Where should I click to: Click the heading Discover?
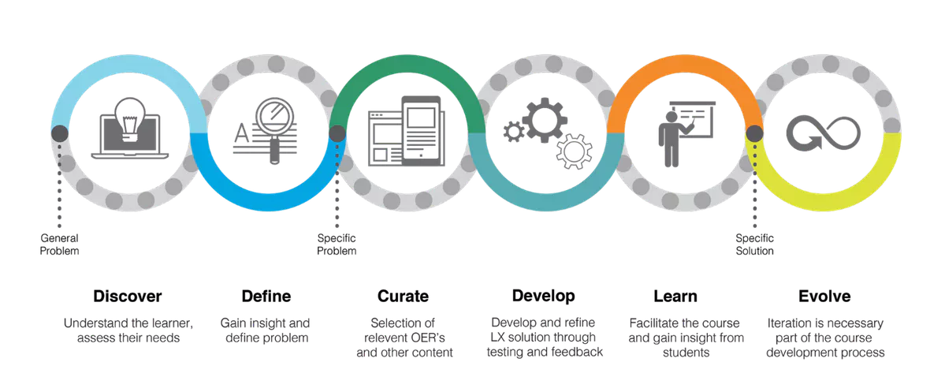pos(127,297)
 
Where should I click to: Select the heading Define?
pos(266,297)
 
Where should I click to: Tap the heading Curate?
pos(403,297)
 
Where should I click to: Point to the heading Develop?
pos(543,297)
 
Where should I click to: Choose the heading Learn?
pos(675,297)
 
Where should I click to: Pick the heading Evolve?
pos(824,297)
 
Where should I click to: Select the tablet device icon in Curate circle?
pos(421,131)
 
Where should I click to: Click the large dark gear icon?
pos(544,118)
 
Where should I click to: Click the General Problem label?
pos(60,244)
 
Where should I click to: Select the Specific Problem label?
pos(337,244)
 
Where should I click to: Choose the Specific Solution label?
pos(754,244)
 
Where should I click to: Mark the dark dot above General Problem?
pos(60,133)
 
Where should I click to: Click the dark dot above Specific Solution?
pos(754,133)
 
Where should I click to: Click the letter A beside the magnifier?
pos(241,133)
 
